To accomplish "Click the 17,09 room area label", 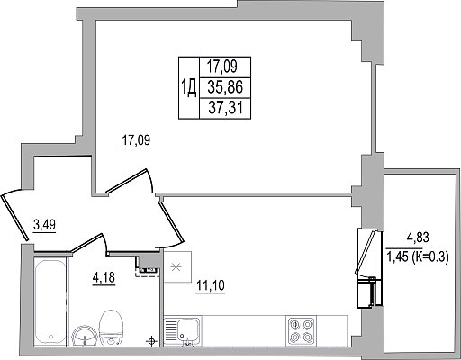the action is [136, 140].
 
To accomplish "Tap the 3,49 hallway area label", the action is [44, 225].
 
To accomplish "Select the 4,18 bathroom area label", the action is [104, 277].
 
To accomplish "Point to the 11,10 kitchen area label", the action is [211, 285].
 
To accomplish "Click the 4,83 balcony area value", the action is [418, 238].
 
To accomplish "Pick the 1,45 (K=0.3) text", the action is [418, 256].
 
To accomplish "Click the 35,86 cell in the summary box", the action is [225, 87].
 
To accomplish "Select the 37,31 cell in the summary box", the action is [225, 107].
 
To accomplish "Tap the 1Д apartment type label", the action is [189, 88].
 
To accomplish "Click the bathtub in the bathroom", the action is [50, 301].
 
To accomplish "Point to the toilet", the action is [111, 328].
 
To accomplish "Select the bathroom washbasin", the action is [85, 336].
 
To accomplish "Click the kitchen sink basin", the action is [188, 329].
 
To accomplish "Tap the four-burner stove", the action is [301, 329].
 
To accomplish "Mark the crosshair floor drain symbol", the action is [151, 341].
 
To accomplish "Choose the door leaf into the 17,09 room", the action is [127, 181].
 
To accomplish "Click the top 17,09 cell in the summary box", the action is [225, 67].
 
